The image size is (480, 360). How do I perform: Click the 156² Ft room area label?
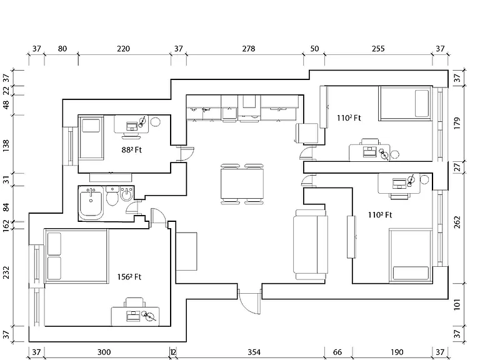pyautogui.click(x=129, y=277)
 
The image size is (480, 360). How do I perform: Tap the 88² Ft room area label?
pyautogui.click(x=132, y=150)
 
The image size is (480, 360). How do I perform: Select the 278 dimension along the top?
pyautogui.click(x=249, y=49)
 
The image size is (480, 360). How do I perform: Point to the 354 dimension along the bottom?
pyautogui.click(x=254, y=352)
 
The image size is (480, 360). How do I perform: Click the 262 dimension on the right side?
pyautogui.click(x=457, y=222)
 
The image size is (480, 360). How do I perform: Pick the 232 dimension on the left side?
pyautogui.click(x=6, y=272)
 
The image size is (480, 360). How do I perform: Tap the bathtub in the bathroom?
pyautogui.click(x=91, y=203)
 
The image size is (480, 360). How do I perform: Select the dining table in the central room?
pyautogui.click(x=242, y=184)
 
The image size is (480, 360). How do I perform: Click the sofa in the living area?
pyautogui.click(x=310, y=244)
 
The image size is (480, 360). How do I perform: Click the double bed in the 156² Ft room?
pyautogui.click(x=76, y=256)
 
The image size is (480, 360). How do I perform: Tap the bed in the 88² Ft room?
pyautogui.click(x=91, y=137)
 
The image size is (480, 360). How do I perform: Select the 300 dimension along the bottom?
pyautogui.click(x=104, y=352)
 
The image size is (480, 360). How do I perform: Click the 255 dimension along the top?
pyautogui.click(x=378, y=49)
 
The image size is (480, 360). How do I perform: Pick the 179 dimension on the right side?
pyautogui.click(x=457, y=123)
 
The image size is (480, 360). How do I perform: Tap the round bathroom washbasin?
pyautogui.click(x=126, y=194)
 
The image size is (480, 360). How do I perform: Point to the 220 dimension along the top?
pyautogui.click(x=123, y=49)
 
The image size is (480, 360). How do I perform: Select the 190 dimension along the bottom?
pyautogui.click(x=397, y=352)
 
